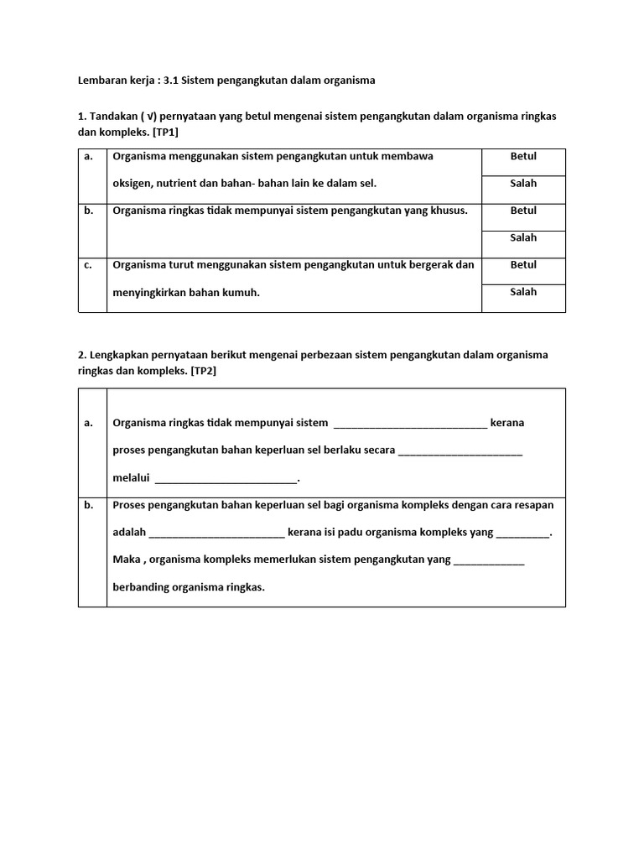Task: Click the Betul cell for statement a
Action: click(x=523, y=157)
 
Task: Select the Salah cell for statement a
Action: click(x=523, y=184)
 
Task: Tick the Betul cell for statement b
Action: click(x=523, y=211)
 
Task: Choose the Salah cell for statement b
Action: click(x=523, y=238)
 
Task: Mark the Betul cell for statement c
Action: click(x=523, y=265)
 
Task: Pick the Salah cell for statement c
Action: click(x=523, y=292)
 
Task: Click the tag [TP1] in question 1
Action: click(x=165, y=132)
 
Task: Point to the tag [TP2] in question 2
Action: click(x=202, y=370)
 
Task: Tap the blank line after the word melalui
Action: click(x=226, y=480)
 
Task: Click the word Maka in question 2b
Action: click(x=126, y=560)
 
